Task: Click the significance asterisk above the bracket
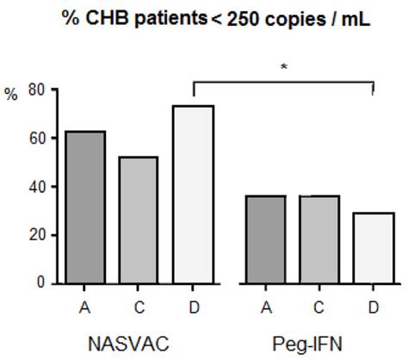284,65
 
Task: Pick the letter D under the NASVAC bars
191,303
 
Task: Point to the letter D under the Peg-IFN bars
372,303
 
